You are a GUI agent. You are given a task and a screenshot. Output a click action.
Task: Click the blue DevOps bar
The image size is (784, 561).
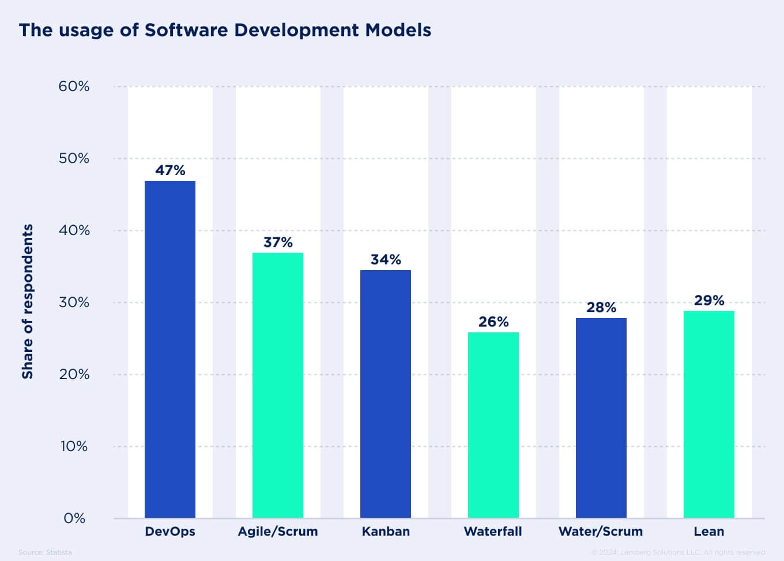(170, 349)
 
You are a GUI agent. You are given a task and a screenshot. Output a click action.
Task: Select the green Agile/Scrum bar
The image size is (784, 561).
(278, 385)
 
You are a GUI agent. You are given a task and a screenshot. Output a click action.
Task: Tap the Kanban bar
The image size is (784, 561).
(386, 393)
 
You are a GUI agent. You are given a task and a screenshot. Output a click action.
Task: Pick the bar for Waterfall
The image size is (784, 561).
(493, 424)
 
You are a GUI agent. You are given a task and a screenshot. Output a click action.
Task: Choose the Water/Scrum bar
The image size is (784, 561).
(601, 418)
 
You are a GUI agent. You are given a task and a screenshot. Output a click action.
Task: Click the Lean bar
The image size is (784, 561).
(709, 414)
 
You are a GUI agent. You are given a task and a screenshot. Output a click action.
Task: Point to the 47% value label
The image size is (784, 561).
(170, 170)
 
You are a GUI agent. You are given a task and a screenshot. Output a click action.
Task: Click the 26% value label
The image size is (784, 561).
(493, 322)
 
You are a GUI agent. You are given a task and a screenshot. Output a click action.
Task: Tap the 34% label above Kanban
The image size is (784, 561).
(386, 260)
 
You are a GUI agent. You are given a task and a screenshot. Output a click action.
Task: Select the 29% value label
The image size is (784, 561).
(709, 301)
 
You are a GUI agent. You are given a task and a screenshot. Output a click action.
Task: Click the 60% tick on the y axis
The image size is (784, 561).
(74, 86)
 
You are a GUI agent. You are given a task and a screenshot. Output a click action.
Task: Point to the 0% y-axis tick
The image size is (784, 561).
(74, 518)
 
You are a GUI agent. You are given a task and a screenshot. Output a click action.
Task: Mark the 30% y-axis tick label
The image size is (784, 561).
(74, 302)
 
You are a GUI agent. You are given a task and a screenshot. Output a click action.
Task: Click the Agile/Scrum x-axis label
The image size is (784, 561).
(278, 532)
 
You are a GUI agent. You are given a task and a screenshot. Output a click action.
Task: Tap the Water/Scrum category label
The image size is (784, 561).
(601, 532)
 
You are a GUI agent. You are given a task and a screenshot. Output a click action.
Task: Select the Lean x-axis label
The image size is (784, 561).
(709, 532)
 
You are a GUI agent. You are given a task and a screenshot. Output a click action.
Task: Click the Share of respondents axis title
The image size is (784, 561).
(28, 301)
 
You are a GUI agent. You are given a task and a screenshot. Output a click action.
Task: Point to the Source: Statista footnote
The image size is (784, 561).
(45, 552)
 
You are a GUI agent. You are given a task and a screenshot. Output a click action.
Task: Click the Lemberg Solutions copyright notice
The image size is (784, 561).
(678, 552)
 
